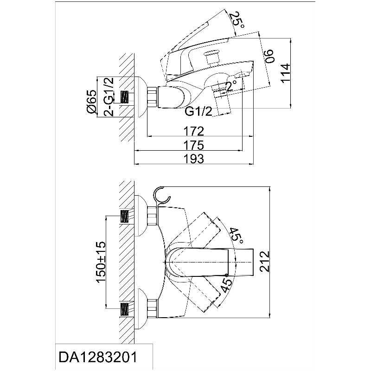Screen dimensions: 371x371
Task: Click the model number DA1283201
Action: [x=98, y=357]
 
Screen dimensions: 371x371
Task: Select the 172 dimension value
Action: [x=194, y=131]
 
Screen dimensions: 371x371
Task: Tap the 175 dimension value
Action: [x=194, y=145]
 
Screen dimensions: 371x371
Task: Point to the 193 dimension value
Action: [x=194, y=159]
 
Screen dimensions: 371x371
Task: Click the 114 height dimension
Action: [x=286, y=73]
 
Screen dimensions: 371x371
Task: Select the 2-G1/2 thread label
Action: [x=109, y=96]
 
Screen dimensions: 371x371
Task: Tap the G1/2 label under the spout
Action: [x=198, y=111]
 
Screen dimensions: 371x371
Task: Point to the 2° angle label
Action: [x=231, y=86]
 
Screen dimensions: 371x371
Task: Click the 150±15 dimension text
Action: [x=101, y=262]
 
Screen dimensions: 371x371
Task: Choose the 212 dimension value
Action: [x=264, y=262]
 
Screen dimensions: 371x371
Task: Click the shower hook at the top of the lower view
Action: [x=161, y=195]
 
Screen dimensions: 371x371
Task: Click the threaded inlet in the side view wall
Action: [x=125, y=97]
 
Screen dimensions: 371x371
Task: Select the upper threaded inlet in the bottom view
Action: [x=125, y=216]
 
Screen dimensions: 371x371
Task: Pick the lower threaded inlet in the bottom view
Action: [x=125, y=309]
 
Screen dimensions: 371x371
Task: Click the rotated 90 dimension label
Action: [x=269, y=56]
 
